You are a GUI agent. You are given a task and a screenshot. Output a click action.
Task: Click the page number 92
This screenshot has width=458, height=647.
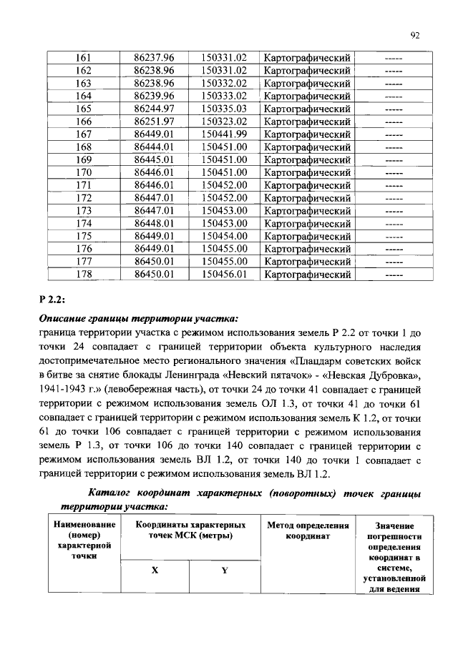[x=415, y=33]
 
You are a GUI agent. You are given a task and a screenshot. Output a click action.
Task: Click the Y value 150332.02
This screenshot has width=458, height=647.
[x=223, y=83]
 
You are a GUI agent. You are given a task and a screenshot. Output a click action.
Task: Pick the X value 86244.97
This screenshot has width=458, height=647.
[x=155, y=108]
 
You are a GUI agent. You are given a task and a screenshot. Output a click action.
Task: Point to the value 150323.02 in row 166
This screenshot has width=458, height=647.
[x=223, y=121]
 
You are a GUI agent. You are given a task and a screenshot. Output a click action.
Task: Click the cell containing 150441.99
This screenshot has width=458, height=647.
[x=223, y=134]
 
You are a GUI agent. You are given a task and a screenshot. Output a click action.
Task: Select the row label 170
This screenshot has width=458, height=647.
[x=84, y=172]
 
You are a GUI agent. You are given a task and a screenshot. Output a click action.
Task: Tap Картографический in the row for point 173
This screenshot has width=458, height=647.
[x=307, y=210]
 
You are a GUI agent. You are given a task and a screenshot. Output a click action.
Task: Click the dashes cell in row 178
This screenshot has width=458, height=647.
[x=393, y=273]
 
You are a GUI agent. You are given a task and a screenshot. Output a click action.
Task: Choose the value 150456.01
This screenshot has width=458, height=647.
[x=223, y=273]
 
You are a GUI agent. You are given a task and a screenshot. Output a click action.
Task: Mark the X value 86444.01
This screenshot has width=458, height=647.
[x=155, y=147]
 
